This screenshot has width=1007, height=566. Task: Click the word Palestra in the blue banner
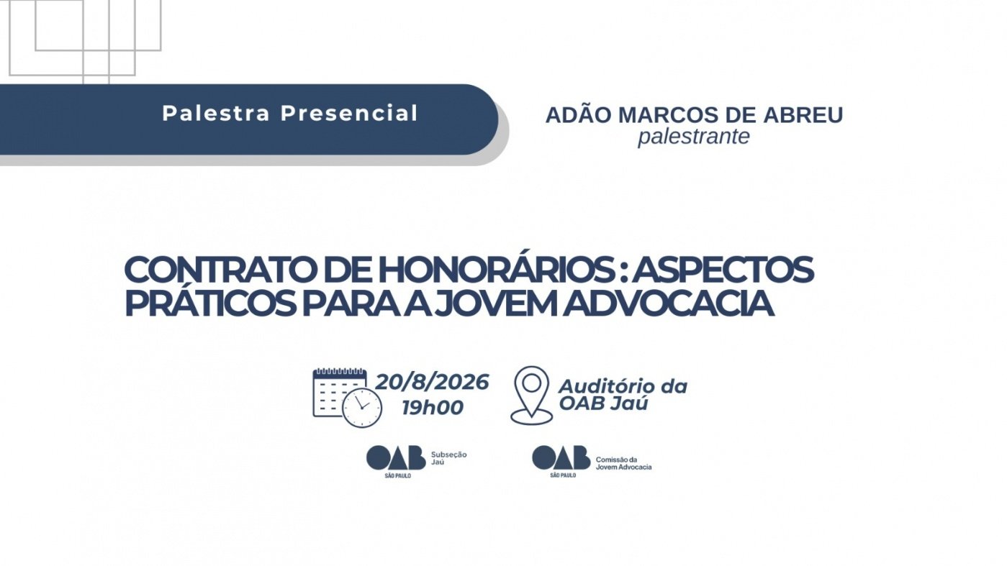click(216, 113)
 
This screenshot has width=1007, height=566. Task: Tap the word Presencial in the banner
click(349, 113)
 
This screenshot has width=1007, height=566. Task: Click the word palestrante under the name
click(694, 137)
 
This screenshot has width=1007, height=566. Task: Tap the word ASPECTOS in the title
click(723, 270)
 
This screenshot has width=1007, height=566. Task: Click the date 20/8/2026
click(432, 383)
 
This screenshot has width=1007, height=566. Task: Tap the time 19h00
click(433, 408)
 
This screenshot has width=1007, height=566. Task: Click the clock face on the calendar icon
click(362, 408)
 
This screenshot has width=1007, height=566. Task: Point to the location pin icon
click(532, 396)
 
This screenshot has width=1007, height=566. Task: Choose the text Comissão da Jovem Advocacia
click(623, 463)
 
